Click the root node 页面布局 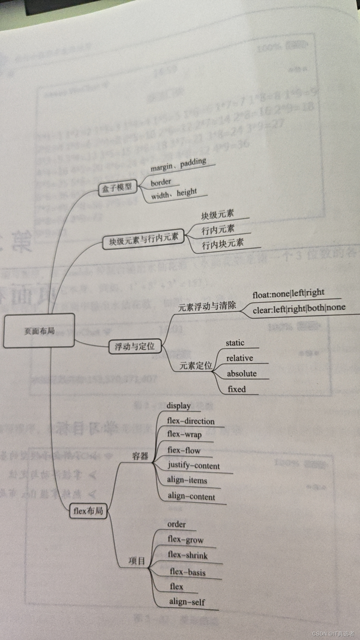(x=39, y=331)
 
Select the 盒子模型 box (x=117, y=188)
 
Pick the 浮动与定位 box (x=135, y=346)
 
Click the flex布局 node (x=88, y=511)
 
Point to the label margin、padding (x=178, y=165)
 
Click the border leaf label (x=161, y=182)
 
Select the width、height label (x=174, y=194)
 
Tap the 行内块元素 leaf (x=223, y=244)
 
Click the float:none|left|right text (x=288, y=293)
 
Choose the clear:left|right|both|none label (x=299, y=309)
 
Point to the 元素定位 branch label (x=196, y=366)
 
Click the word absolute (x=242, y=374)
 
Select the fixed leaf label (x=237, y=389)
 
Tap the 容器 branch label (x=140, y=456)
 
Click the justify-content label (x=194, y=465)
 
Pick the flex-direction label (x=191, y=421)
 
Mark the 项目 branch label (x=137, y=561)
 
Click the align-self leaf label (x=187, y=602)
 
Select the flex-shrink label (x=188, y=555)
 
